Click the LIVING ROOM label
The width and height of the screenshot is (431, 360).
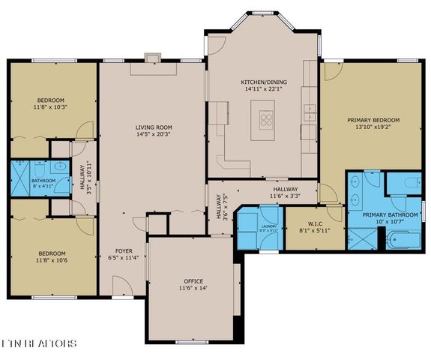point(153,127)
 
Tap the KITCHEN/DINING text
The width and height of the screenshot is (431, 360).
point(260,81)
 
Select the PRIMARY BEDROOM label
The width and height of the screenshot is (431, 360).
point(373,120)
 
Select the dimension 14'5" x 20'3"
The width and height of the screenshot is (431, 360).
point(153,135)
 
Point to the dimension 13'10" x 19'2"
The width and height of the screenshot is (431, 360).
point(373,127)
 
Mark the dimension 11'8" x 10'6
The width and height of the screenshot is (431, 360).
point(52,261)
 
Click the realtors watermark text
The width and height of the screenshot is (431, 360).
point(39,343)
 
